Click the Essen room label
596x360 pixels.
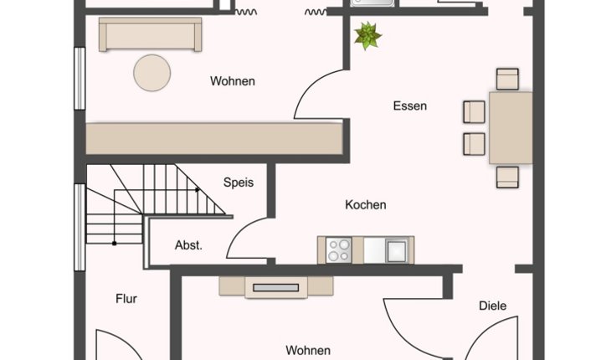point(410,105)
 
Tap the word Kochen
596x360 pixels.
point(366,205)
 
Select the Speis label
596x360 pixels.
point(239,183)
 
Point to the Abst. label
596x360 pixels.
point(188,245)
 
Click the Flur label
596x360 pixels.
point(126,299)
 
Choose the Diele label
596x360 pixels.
point(492,306)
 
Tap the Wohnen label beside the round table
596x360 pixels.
point(232,81)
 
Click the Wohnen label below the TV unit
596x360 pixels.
point(308,350)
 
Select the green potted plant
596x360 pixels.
point(367,36)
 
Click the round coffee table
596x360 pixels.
point(152,73)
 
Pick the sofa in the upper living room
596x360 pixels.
point(150,34)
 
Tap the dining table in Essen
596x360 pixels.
point(511,128)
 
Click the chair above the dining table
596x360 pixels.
point(507,79)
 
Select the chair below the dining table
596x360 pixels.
point(507,177)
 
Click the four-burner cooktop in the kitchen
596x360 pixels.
point(339,250)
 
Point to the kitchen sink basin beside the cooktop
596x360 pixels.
point(397,250)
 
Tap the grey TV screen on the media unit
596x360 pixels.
point(276,288)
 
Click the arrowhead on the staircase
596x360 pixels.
point(198,190)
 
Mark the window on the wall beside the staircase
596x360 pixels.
point(80,228)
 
